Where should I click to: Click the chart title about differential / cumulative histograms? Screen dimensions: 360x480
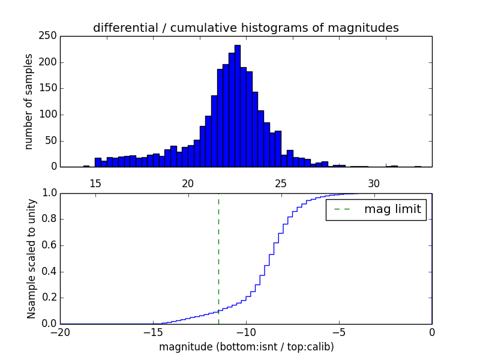245,28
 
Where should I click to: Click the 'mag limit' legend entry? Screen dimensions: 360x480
376,209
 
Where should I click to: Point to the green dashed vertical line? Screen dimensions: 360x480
218,258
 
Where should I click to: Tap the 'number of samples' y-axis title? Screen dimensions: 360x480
29,101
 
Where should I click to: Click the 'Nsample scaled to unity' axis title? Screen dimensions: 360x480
31,258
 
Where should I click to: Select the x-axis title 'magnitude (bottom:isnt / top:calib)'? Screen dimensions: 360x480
246,347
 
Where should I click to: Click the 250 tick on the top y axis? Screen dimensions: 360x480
49,36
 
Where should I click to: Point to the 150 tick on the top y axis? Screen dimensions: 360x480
49,88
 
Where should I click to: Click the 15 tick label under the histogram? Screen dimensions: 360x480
95,183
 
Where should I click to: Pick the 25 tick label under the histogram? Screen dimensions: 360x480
281,183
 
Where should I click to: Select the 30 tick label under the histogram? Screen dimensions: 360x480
374,183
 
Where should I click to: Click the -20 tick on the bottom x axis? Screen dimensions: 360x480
61,332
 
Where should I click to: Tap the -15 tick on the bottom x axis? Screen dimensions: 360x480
152,332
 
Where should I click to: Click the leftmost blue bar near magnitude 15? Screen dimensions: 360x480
86,166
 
